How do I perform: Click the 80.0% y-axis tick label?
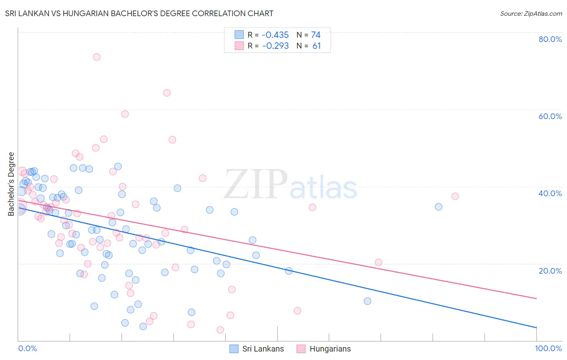point(550,39)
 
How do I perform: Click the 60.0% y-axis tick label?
point(550,116)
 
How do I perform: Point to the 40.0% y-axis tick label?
point(550,193)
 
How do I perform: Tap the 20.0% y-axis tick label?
point(550,270)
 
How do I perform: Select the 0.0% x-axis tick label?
point(27,348)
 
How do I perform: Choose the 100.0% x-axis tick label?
point(548,348)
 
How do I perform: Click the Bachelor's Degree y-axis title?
point(11,184)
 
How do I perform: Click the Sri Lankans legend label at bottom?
point(263,349)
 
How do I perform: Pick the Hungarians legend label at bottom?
point(330,349)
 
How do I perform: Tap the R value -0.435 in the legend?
point(275,35)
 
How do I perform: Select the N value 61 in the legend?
point(317,46)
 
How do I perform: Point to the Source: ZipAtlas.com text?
point(531,14)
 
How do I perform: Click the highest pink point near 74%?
point(97,57)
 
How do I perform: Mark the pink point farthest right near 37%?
point(455,196)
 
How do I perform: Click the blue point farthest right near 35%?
point(438,207)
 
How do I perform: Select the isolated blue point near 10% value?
point(367,301)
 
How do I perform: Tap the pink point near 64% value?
point(167,93)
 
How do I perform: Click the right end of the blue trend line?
point(536,327)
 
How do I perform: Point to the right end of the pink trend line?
point(536,298)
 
